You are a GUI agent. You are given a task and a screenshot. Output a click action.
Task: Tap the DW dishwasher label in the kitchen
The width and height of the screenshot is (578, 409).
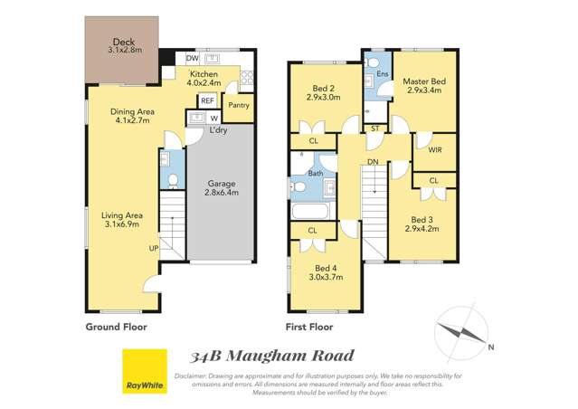click(193, 57)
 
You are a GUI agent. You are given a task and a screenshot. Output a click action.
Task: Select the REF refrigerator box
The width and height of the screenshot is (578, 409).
click(207, 100)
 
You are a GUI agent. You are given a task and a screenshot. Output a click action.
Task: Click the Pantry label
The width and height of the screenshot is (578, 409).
click(239, 105)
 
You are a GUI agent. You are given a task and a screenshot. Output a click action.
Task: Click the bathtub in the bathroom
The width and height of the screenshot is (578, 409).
click(314, 214)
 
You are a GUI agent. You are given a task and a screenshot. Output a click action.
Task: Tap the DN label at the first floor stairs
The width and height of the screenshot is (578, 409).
click(372, 163)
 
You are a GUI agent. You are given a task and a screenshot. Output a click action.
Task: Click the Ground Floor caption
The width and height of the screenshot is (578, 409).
click(116, 327)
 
